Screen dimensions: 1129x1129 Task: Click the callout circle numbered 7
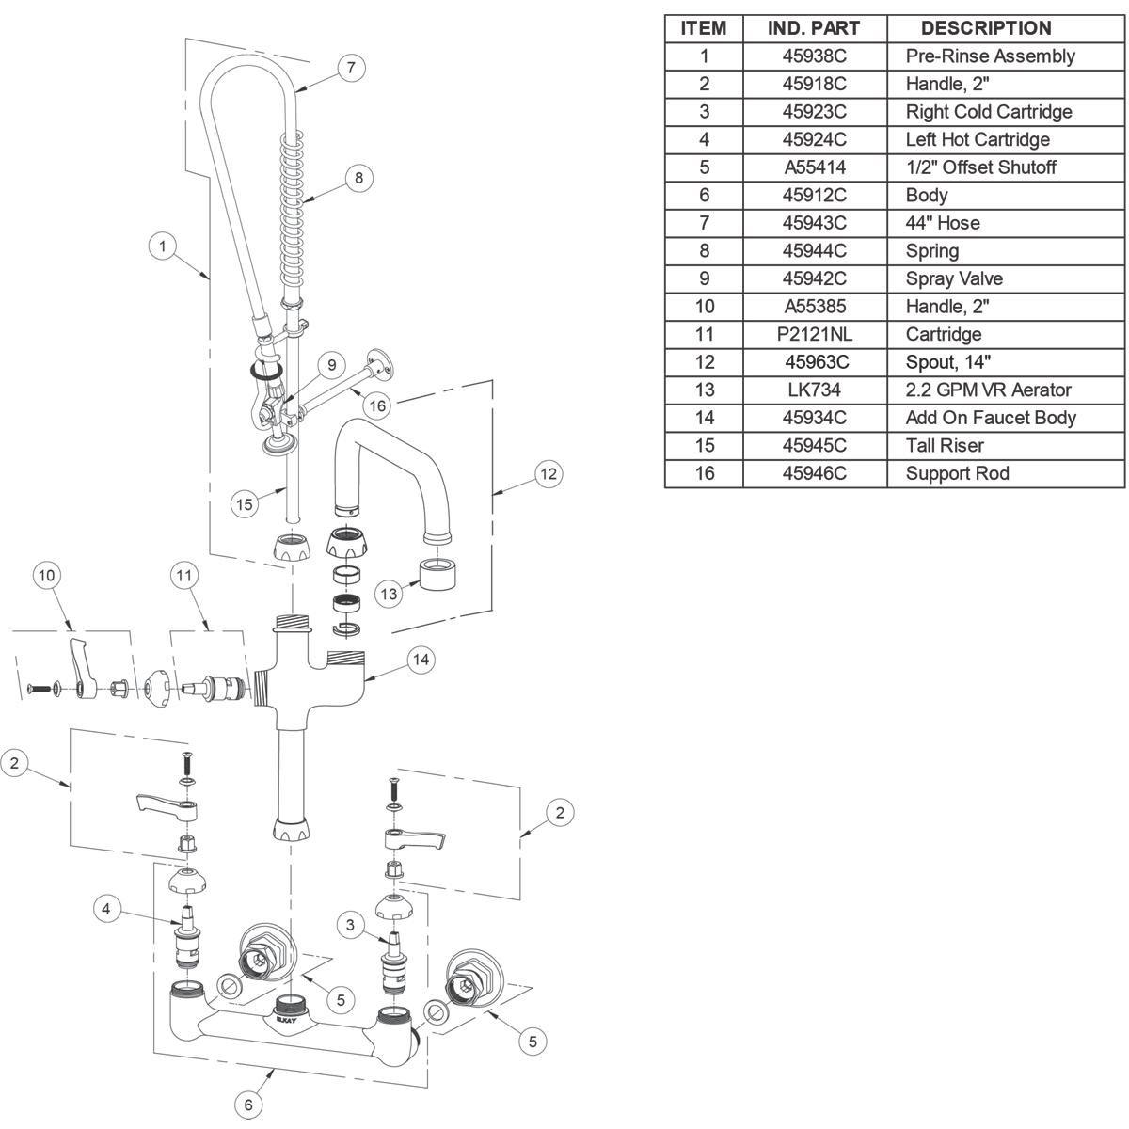click(350, 68)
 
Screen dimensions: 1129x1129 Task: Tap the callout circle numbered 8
click(358, 178)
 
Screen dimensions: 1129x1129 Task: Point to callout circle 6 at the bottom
click(248, 1105)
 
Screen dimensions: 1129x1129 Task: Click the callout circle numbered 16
click(377, 405)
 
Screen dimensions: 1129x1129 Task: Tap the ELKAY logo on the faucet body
click(287, 1019)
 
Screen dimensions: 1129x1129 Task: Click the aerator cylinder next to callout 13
click(436, 573)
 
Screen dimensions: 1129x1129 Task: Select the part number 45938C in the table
click(814, 56)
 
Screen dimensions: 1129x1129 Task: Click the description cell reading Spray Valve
click(954, 278)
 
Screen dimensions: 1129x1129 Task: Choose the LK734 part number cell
click(814, 390)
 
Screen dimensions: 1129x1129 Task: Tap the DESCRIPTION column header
click(985, 28)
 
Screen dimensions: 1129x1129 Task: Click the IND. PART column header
click(814, 28)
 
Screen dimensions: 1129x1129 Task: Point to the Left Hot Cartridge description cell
click(977, 139)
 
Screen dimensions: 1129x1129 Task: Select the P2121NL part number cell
click(814, 334)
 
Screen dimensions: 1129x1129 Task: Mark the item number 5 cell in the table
click(704, 167)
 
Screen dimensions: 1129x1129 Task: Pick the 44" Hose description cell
click(943, 223)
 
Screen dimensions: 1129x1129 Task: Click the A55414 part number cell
click(814, 167)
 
